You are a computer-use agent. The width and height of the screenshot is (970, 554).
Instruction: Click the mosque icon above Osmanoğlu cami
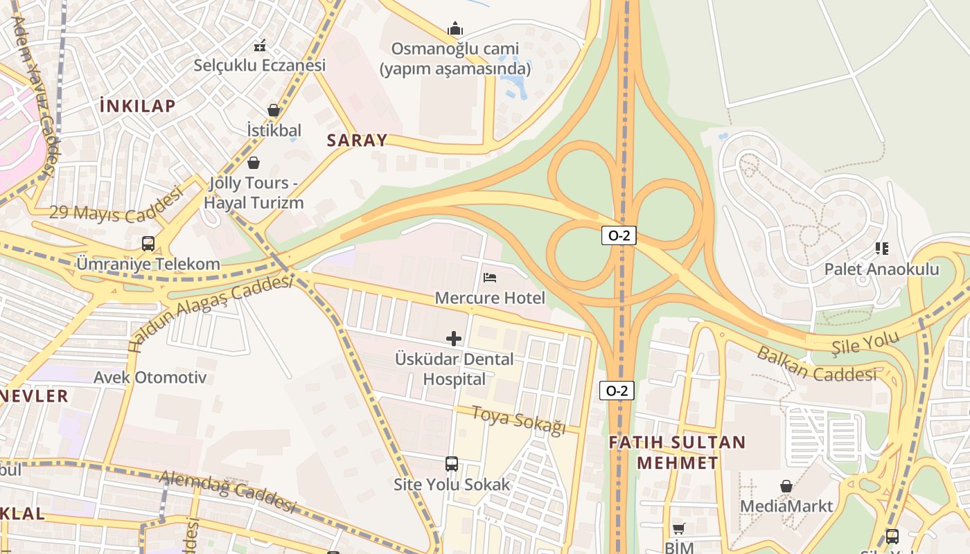(455, 28)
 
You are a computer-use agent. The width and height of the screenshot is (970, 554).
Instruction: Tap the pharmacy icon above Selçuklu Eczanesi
(260, 46)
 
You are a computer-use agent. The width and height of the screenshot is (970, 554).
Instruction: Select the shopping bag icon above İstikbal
(274, 110)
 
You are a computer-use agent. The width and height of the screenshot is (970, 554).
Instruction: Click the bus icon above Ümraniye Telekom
(148, 243)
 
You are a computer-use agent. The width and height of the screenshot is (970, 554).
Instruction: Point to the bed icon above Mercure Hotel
(490, 277)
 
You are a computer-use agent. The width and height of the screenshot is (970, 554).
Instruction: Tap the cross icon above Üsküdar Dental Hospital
(454, 338)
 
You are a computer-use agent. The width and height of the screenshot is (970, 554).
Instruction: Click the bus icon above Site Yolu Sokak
(452, 463)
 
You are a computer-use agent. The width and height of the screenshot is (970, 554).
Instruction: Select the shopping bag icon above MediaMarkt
(786, 485)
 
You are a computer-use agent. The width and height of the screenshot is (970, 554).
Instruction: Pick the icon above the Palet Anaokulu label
(881, 248)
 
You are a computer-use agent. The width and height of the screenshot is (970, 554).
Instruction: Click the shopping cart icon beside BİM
(678, 528)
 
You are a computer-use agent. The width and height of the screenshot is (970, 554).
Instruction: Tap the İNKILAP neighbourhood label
(138, 106)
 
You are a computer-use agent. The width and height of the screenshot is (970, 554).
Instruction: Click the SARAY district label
(357, 140)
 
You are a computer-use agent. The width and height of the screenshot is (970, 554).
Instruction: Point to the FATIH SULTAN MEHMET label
(677, 452)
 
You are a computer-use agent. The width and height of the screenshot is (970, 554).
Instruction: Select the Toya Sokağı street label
(519, 420)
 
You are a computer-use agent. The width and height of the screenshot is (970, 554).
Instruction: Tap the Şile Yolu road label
(865, 341)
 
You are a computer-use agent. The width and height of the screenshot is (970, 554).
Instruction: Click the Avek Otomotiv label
(150, 377)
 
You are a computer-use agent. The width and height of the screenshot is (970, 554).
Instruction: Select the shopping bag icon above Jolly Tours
(254, 163)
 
